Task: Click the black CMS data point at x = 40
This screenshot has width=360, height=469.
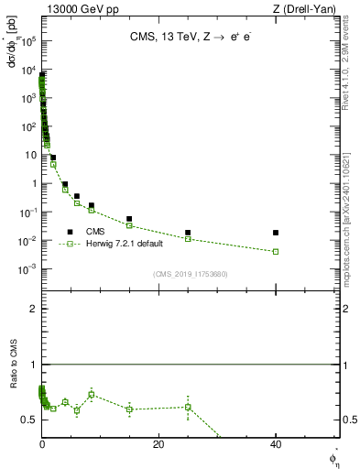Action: click(x=276, y=233)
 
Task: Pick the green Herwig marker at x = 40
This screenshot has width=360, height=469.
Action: click(x=276, y=251)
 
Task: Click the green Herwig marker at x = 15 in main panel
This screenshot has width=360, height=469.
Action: click(x=129, y=225)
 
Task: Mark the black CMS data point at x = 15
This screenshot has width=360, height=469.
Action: click(x=129, y=219)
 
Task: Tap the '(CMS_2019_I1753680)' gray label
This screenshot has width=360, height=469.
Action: click(x=191, y=274)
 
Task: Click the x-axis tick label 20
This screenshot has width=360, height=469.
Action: click(x=158, y=443)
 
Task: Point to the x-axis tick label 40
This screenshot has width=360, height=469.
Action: click(x=276, y=443)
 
